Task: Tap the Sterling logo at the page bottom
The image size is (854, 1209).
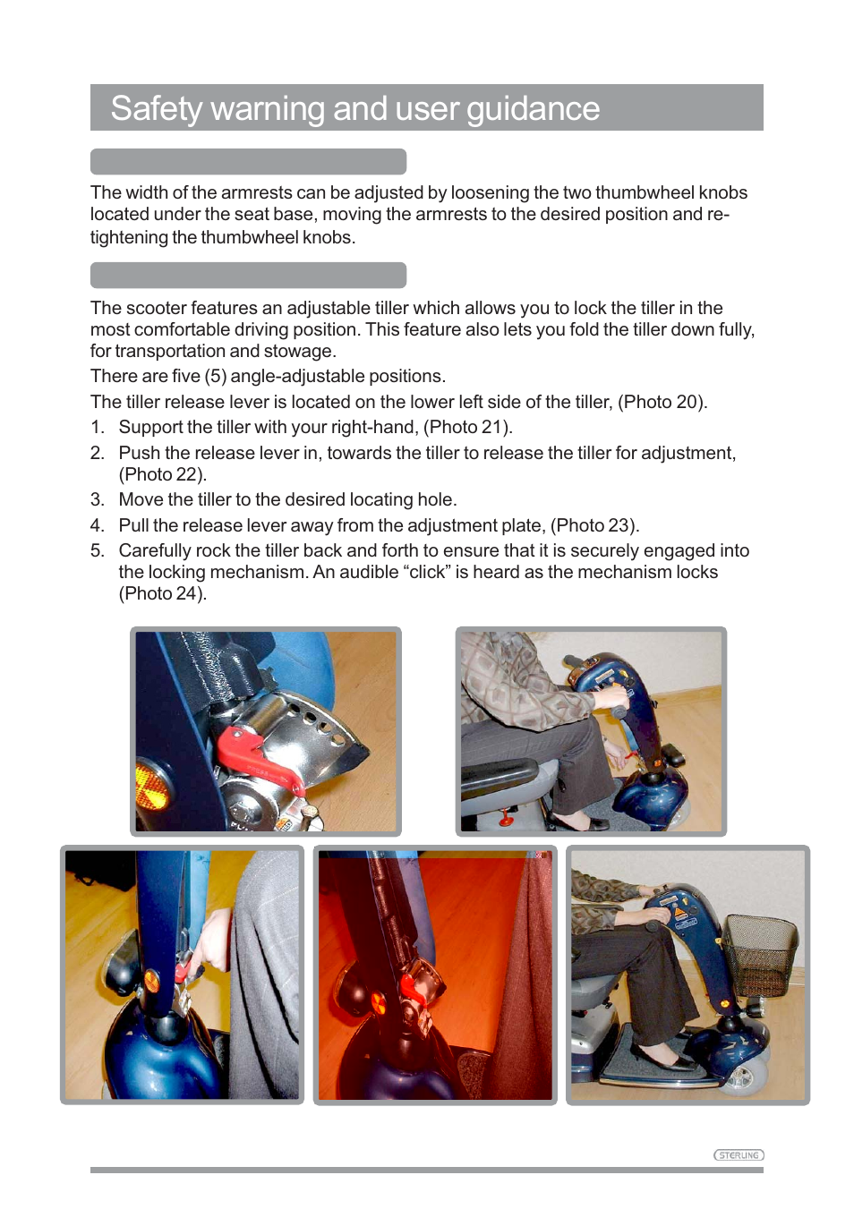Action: [739, 1155]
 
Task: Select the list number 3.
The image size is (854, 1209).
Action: [98, 499]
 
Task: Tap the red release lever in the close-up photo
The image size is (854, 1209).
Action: [252, 756]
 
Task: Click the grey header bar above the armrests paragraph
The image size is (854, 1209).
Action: [248, 162]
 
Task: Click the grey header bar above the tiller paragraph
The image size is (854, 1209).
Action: [248, 276]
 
